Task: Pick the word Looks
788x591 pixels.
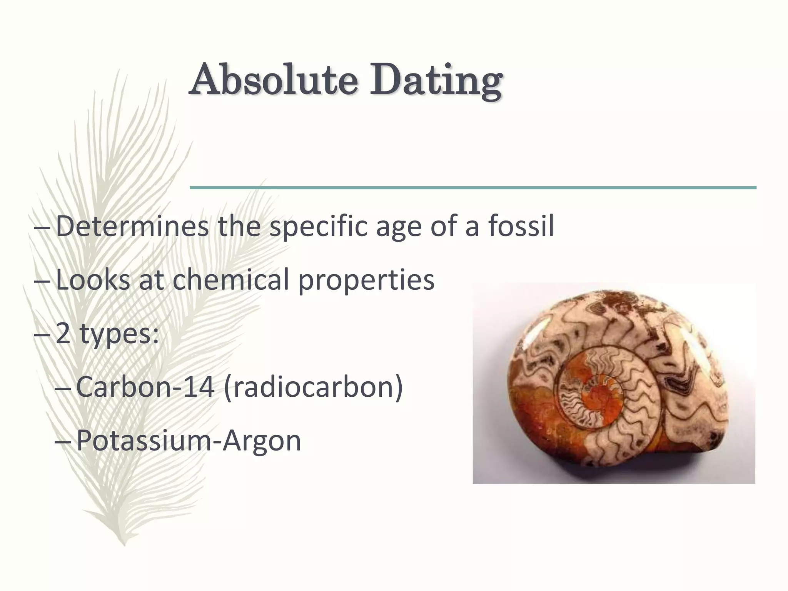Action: [93, 280]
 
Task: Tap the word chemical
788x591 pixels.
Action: [230, 280]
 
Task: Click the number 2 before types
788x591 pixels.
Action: [63, 334]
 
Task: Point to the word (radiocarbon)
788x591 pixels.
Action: [313, 387]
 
